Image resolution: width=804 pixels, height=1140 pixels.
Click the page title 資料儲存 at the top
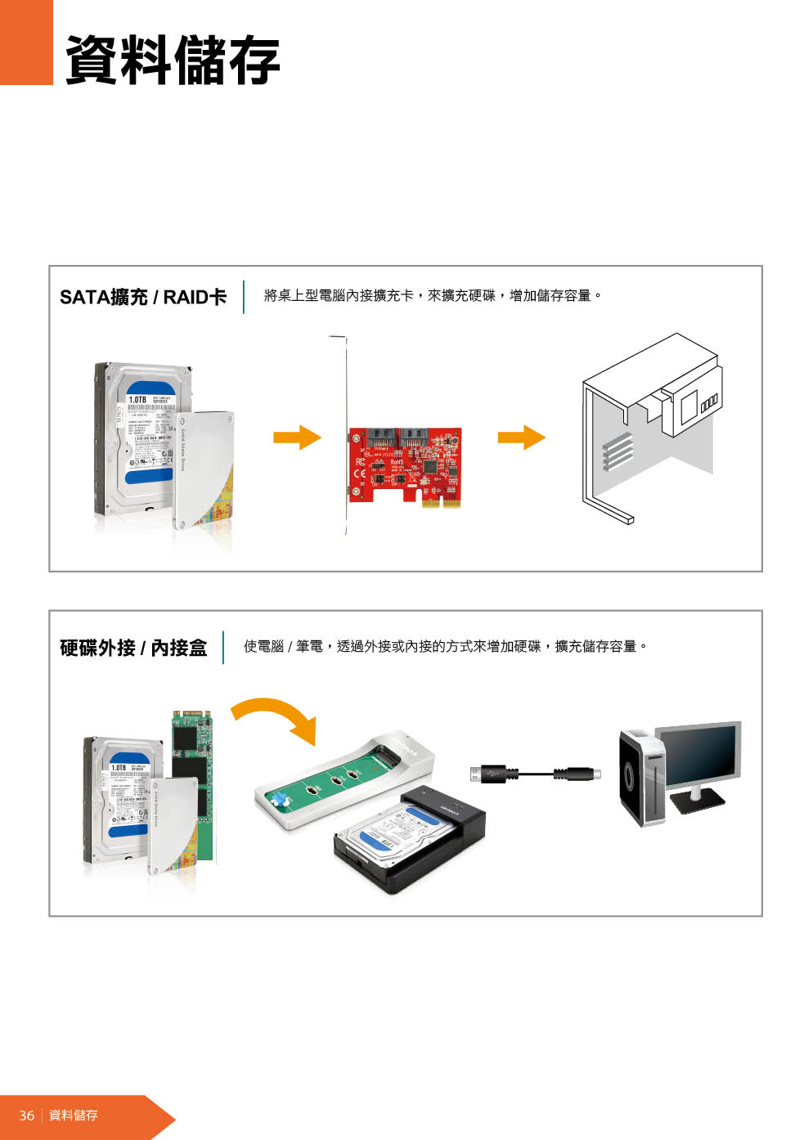[173, 59]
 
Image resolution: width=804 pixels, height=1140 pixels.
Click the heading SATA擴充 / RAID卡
[143, 297]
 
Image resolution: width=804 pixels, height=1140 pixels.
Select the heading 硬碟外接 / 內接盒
[133, 648]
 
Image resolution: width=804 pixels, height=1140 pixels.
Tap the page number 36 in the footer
[26, 1115]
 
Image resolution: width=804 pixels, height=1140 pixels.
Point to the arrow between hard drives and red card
[297, 437]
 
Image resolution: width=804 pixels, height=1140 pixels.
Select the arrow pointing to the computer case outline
[521, 437]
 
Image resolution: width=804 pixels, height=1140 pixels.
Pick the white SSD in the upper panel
[204, 470]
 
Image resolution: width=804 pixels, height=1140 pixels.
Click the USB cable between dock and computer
[536, 774]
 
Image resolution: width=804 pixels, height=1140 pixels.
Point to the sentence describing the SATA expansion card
[433, 295]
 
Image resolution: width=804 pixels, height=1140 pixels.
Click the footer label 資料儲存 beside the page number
[74, 1115]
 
